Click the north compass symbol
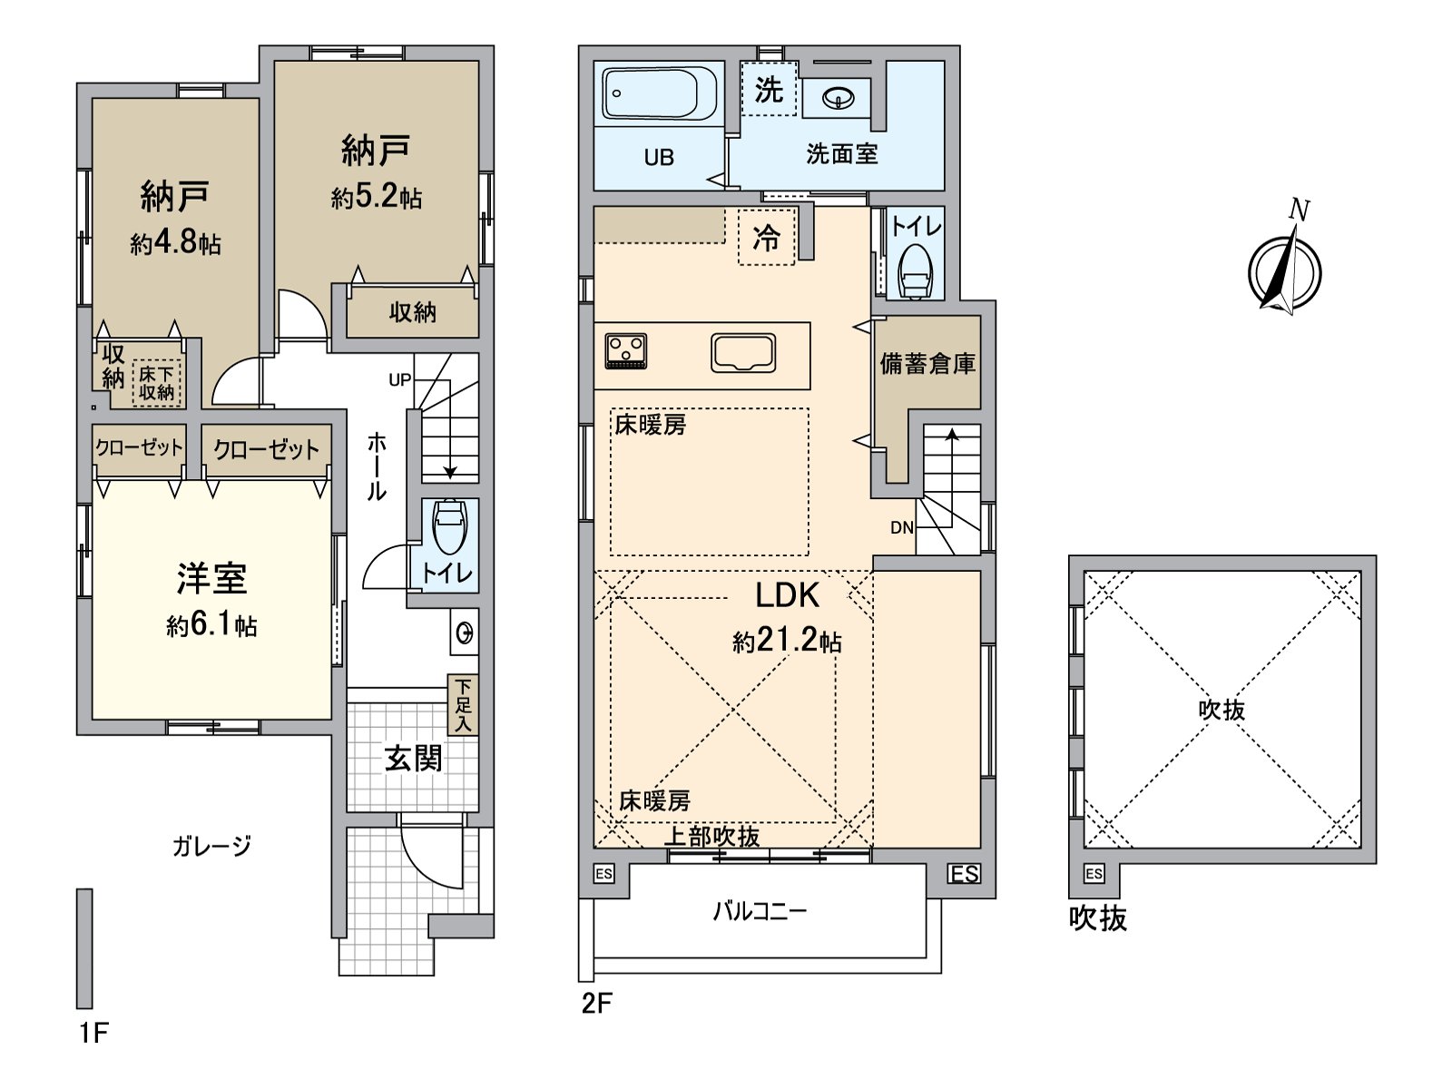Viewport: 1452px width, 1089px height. (x=1285, y=264)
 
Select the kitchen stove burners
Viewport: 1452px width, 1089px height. (x=626, y=350)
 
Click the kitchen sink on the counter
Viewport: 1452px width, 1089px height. (x=743, y=352)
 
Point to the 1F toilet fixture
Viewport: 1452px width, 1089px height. (x=450, y=525)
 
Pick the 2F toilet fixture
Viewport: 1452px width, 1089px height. (x=916, y=271)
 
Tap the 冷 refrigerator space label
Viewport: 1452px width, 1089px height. (x=767, y=237)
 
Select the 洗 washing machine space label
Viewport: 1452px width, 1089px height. (x=769, y=89)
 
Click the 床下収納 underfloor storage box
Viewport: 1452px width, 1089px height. (x=157, y=383)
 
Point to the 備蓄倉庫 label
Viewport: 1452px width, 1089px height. (x=927, y=364)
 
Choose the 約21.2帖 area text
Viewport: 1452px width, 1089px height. (x=787, y=641)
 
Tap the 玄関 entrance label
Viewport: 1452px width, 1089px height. (x=414, y=759)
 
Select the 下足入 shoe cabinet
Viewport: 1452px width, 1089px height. (x=463, y=705)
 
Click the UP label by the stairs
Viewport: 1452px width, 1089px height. (x=399, y=380)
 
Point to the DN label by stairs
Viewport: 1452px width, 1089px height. (x=902, y=527)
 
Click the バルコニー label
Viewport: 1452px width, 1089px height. (x=760, y=912)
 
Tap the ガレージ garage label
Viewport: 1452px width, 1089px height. (x=211, y=846)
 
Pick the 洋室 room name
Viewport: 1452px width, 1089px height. (x=211, y=579)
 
